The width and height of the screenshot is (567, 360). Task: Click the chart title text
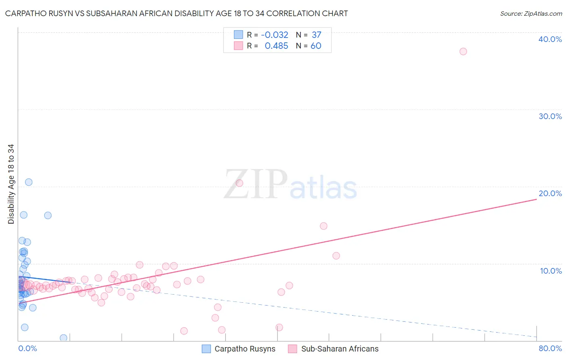click(x=176, y=13)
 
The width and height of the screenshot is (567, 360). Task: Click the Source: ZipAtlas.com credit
click(x=531, y=13)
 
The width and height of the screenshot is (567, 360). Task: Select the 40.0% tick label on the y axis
click(x=550, y=39)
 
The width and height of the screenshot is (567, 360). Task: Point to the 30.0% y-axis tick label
click(x=550, y=116)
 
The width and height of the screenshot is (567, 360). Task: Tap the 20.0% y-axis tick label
click(x=550, y=193)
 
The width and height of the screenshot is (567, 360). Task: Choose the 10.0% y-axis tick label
click(x=550, y=270)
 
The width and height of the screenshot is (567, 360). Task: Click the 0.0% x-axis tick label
click(x=27, y=348)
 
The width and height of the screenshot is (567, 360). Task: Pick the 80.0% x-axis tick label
click(x=550, y=348)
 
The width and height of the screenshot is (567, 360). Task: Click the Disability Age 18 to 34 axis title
click(x=11, y=184)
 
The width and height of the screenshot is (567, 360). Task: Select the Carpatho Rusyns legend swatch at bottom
click(x=206, y=349)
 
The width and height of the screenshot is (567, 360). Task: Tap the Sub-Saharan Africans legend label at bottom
click(x=340, y=349)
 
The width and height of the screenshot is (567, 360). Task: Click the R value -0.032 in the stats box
click(x=275, y=35)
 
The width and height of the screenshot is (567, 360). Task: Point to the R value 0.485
click(x=276, y=46)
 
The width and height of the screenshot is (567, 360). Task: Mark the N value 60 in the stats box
click(x=316, y=46)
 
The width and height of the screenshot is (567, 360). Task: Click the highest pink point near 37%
click(x=463, y=51)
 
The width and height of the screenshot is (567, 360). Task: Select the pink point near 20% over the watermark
click(x=239, y=183)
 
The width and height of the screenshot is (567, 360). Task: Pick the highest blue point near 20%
click(x=29, y=182)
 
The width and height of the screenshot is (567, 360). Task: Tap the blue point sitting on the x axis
click(x=63, y=338)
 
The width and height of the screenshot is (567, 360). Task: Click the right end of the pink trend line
click(x=536, y=199)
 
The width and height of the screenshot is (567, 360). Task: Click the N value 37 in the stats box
click(x=316, y=35)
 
